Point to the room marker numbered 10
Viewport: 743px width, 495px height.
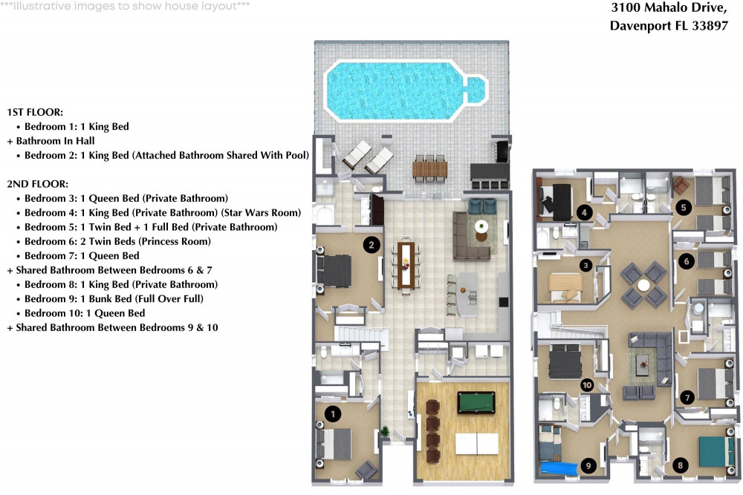pos(587,384)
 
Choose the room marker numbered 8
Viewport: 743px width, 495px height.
pos(681,465)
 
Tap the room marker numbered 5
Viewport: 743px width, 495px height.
pos(683,208)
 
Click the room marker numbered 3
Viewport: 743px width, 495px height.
pos(585,265)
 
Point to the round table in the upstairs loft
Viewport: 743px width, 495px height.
pos(643,284)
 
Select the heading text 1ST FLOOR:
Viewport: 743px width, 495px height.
pos(35,112)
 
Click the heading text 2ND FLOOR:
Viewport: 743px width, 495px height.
pos(36,183)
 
